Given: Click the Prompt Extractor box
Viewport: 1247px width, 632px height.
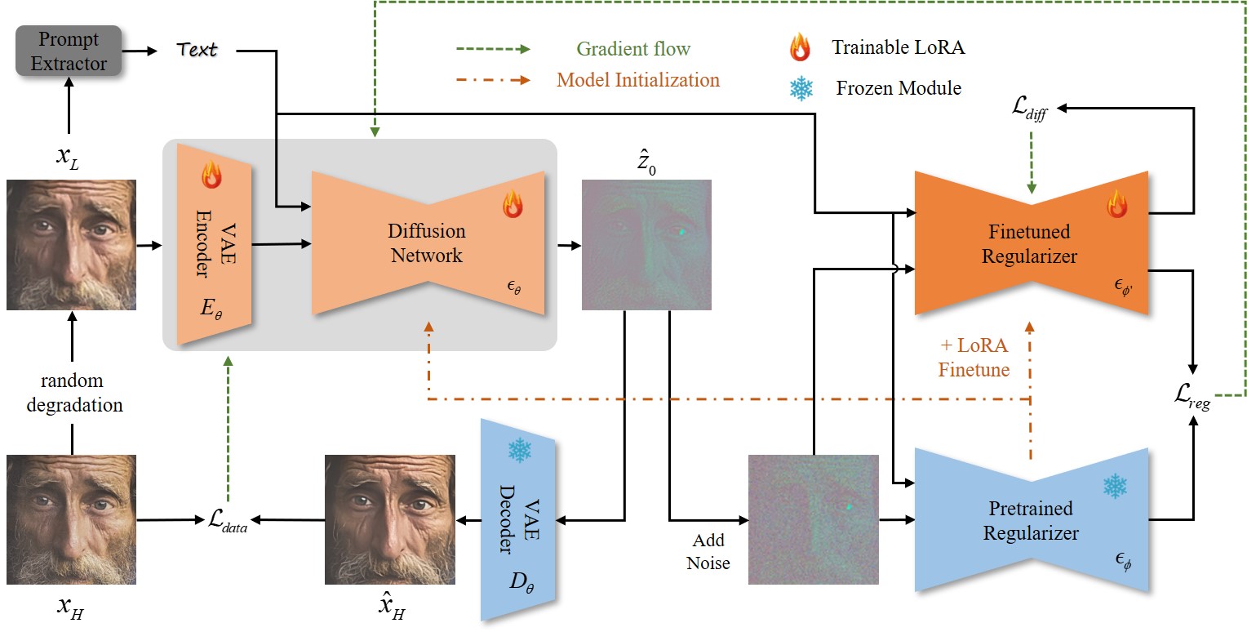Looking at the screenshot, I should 69,51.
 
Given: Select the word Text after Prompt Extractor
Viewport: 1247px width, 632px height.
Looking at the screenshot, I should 197,50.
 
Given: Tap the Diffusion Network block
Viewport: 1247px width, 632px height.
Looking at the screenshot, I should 427,243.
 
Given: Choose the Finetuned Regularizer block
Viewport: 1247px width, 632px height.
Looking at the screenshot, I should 1031,243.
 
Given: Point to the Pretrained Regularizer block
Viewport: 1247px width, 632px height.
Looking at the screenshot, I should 1031,521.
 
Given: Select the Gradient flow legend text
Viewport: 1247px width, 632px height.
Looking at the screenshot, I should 633,49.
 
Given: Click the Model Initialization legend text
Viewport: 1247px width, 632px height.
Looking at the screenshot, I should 638,80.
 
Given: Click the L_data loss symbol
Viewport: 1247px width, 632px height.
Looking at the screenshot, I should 226,519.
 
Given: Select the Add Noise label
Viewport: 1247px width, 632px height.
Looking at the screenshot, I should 708,552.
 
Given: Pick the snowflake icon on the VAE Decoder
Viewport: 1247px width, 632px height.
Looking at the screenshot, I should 520,451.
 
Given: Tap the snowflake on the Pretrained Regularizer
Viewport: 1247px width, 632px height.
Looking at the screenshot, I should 1115,487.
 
